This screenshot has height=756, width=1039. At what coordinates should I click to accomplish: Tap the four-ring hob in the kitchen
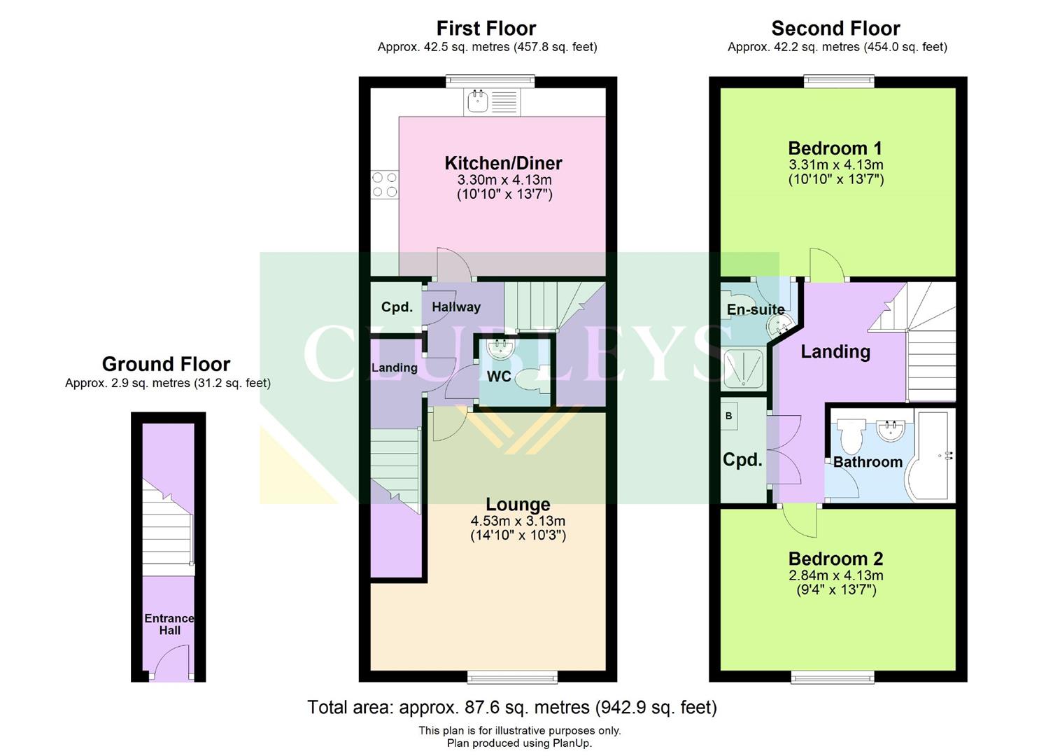(385, 185)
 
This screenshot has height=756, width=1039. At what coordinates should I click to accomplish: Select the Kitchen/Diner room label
(503, 163)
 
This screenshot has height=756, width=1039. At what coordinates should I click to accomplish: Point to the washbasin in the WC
(500, 347)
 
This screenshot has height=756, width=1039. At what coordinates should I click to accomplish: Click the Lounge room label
(518, 505)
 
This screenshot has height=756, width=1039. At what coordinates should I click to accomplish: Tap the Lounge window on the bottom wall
(512, 676)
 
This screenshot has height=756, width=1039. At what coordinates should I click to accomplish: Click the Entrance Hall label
(169, 624)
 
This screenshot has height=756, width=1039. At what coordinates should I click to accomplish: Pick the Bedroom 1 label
(835, 148)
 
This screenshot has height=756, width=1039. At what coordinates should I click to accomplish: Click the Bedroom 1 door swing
(827, 264)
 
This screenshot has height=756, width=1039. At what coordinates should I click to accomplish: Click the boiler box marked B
(729, 416)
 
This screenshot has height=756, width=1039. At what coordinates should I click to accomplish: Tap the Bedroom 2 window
(832, 676)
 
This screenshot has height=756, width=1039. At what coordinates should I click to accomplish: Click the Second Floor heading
(835, 29)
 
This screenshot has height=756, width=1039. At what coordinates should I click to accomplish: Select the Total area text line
(512, 708)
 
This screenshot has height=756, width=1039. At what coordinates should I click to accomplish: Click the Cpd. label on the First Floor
(397, 307)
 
